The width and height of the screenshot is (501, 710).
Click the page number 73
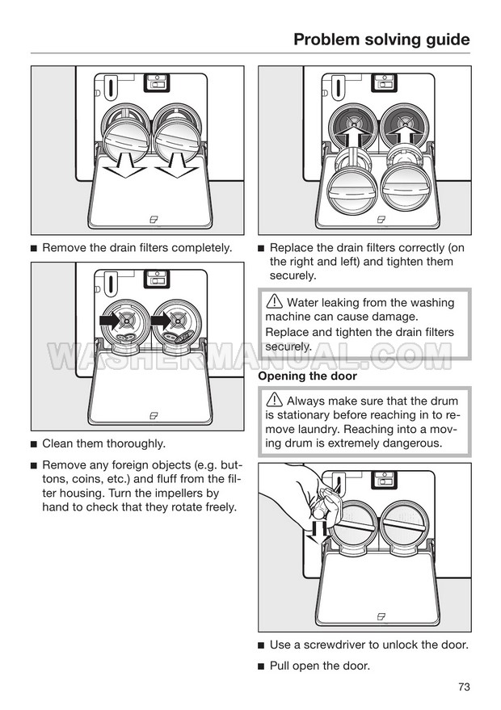[464, 687]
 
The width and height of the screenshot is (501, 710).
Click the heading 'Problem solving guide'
[381, 40]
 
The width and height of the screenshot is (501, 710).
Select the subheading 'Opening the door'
[308, 376]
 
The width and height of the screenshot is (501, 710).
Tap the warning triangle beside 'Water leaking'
[275, 301]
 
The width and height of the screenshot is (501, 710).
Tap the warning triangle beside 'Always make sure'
[275, 399]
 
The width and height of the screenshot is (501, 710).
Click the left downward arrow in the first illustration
[124, 166]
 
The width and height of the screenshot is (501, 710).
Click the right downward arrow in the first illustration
[176, 166]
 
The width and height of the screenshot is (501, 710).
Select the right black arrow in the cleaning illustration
[161, 321]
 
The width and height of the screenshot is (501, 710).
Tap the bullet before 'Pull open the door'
[261, 666]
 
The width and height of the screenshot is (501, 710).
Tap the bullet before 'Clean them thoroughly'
[33, 444]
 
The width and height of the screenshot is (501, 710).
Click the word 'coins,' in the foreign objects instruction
[90, 479]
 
